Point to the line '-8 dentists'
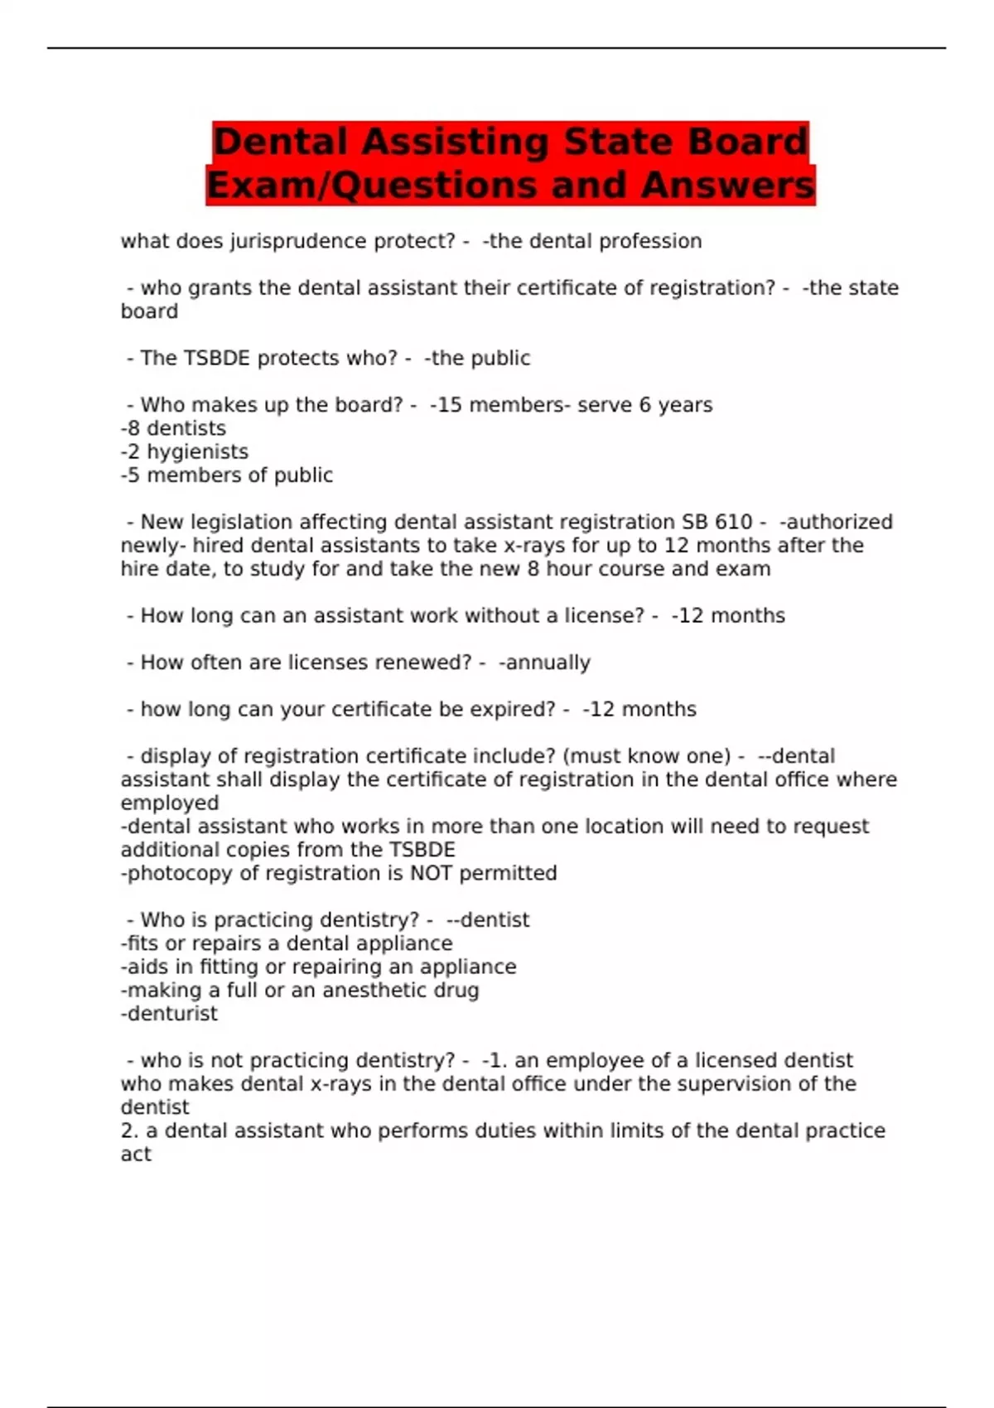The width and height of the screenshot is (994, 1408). [173, 428]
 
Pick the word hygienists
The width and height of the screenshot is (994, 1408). [197, 451]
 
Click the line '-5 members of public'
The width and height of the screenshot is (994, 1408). [226, 475]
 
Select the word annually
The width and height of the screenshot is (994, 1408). [548, 663]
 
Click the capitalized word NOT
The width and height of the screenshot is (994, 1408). [432, 873]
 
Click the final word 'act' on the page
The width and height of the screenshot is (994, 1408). [136, 1154]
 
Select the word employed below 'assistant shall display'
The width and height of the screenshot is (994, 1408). [170, 803]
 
